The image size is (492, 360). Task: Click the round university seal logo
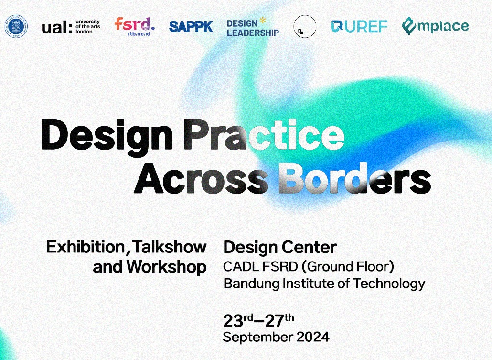tap(16, 27)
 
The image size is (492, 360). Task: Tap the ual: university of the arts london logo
tap(70, 27)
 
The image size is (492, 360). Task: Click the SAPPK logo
tap(191, 27)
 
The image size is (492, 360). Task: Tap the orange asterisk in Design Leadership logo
tap(262, 21)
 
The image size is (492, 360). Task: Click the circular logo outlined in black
tap(305, 26)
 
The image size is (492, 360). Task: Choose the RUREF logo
tap(359, 27)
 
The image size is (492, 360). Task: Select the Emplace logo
tap(435, 27)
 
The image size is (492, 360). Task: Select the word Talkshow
tap(170, 247)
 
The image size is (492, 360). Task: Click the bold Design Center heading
tap(280, 247)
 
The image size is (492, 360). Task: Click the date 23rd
tap(238, 319)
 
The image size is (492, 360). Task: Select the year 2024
tap(312, 337)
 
